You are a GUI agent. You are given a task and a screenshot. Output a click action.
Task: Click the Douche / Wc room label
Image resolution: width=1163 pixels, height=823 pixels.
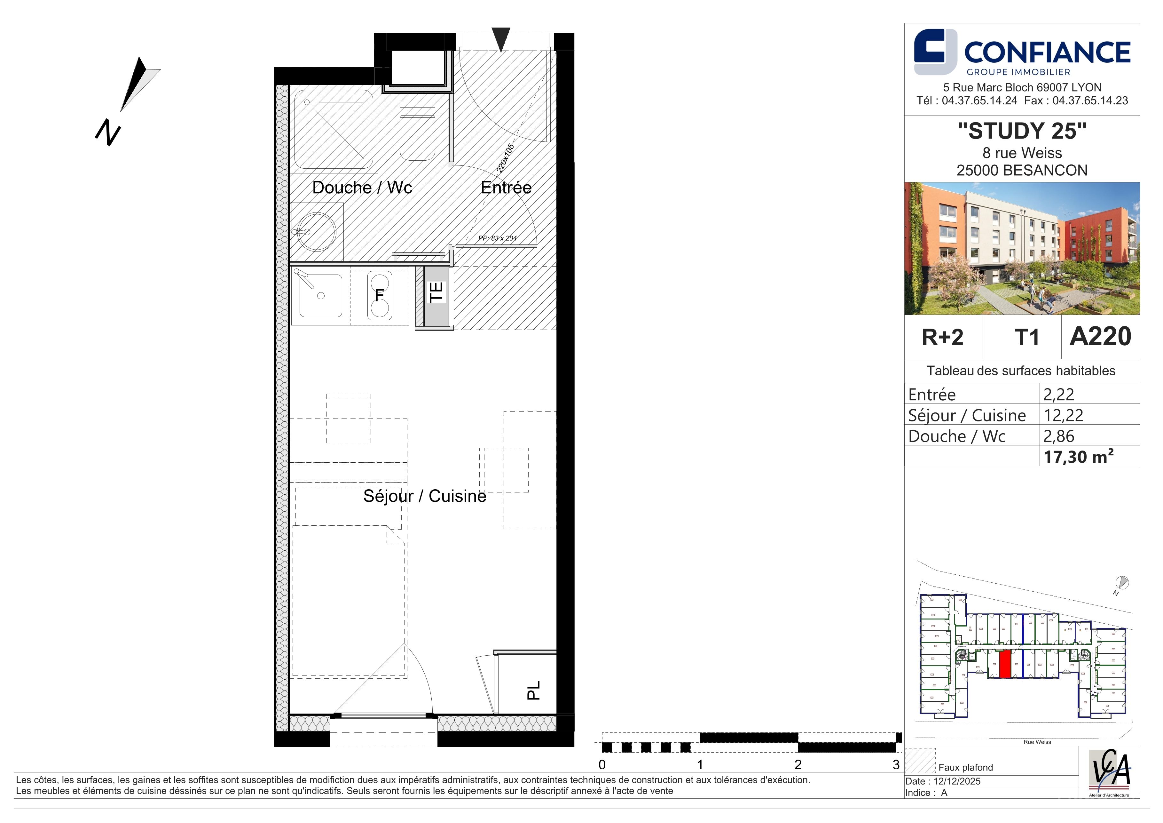click(362, 188)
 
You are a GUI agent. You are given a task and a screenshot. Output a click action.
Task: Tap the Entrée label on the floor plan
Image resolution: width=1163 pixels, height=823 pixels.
click(506, 188)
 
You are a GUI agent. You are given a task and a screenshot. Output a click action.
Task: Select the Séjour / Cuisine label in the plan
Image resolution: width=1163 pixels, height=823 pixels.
click(424, 496)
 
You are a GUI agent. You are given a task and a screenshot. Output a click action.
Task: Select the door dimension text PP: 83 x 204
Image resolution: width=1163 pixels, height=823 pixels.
click(498, 238)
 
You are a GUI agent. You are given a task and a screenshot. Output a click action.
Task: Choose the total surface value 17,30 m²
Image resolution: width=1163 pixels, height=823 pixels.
click(1078, 457)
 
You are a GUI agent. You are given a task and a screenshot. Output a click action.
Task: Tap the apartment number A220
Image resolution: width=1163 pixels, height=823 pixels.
click(1100, 337)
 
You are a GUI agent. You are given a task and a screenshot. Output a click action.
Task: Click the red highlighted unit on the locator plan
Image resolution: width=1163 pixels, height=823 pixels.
click(1005, 664)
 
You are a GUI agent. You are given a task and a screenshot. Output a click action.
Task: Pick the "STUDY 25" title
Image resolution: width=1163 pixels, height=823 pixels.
click(1022, 131)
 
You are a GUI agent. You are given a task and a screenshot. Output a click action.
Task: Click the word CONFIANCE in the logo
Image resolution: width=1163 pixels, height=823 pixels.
click(1047, 52)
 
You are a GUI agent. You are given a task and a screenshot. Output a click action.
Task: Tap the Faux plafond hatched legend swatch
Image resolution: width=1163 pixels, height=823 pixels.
click(920, 761)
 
